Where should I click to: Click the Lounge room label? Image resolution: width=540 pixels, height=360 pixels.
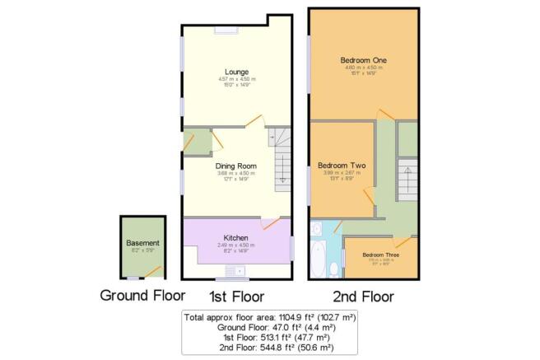tap(235, 72)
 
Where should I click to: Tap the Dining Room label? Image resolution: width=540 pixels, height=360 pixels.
tap(235, 166)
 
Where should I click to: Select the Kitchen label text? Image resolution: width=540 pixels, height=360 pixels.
tap(235, 238)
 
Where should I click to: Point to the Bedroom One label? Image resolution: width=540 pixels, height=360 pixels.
tap(363, 61)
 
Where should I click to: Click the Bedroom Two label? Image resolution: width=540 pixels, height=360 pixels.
tap(342, 165)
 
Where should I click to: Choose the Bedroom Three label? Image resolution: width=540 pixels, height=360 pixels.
tap(379, 255)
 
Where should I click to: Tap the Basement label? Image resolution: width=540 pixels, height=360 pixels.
tap(142, 243)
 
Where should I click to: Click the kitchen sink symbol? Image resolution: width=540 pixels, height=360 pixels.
tap(240, 270)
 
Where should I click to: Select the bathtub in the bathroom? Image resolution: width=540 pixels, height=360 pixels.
tap(318, 259)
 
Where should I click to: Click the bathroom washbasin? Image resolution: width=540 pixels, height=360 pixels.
tap(317, 228)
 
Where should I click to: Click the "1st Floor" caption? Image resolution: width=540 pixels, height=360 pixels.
tap(235, 296)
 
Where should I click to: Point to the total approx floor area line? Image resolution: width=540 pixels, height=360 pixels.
tap(269, 316)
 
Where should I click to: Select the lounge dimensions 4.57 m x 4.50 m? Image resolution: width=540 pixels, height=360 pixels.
tap(235, 80)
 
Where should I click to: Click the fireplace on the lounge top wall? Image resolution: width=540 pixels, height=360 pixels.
tap(226, 30)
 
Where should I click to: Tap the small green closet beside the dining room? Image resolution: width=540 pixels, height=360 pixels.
tap(198, 143)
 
